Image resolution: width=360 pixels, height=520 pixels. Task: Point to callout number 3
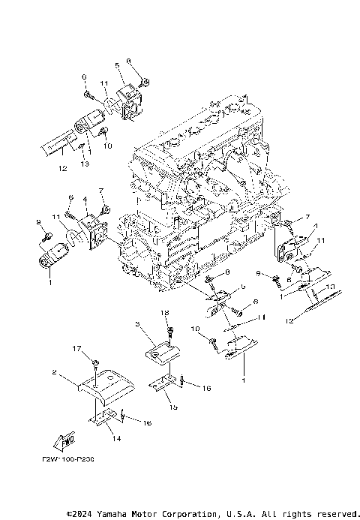pyautogui.click(x=139, y=324)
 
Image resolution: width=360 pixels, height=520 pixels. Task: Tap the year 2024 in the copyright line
pyautogui.click(x=85, y=514)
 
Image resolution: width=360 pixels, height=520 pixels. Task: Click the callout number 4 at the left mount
pyautogui.click(x=85, y=200)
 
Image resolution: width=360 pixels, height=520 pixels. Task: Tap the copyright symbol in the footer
pyautogui.click(x=69, y=514)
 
